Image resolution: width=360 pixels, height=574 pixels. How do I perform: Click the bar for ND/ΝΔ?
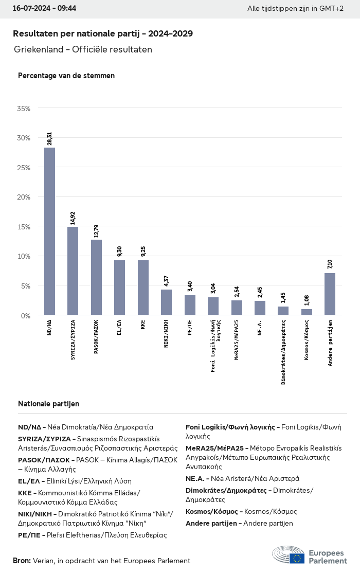tap(49, 231)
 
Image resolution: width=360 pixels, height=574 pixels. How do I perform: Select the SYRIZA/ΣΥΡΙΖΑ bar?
tap(73, 271)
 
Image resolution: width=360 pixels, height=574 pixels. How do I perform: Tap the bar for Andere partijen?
tap(330, 294)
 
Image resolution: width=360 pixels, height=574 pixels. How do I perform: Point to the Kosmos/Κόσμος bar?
tap(307, 312)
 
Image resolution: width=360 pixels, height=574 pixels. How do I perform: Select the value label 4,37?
tap(166, 280)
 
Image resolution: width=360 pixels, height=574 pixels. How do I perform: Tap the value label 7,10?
tap(330, 264)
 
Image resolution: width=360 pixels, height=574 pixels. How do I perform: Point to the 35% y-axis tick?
tap(24, 109)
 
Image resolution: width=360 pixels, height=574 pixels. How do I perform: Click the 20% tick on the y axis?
tap(24, 197)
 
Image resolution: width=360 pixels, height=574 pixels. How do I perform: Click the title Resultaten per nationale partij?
tap(103, 34)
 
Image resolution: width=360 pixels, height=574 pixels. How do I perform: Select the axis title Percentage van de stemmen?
tap(66, 76)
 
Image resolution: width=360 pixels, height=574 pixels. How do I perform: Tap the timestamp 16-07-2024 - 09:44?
tap(44, 9)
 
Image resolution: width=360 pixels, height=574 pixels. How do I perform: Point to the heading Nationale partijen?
tap(48, 404)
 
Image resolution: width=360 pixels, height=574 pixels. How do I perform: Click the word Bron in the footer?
tap(22, 561)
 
